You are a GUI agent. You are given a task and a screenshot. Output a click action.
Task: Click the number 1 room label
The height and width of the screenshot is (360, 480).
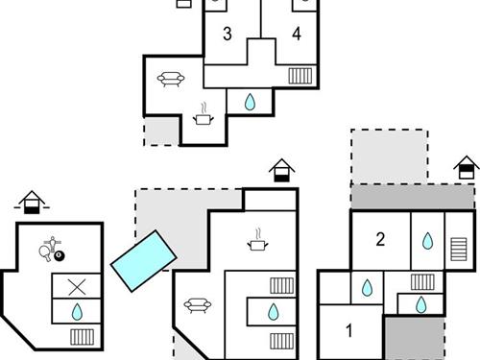[348, 331]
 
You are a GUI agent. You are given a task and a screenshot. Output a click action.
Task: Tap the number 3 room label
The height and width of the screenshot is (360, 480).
[227, 35]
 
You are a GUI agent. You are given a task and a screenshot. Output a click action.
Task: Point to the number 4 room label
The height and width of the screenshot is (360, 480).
[297, 35]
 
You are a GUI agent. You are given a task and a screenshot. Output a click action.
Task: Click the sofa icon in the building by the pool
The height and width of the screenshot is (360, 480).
[198, 305]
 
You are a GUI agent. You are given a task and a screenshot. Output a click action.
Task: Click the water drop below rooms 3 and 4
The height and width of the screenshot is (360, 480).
[250, 102]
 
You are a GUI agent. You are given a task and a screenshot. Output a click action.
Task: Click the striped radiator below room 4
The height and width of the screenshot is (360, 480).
[300, 76]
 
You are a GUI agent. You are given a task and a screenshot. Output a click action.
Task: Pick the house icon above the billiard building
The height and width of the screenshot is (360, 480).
[32, 202]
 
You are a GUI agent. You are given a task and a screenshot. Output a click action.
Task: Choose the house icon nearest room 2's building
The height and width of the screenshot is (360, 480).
[467, 167]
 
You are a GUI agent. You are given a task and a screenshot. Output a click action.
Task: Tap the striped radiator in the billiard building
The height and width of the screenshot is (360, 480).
[83, 337]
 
